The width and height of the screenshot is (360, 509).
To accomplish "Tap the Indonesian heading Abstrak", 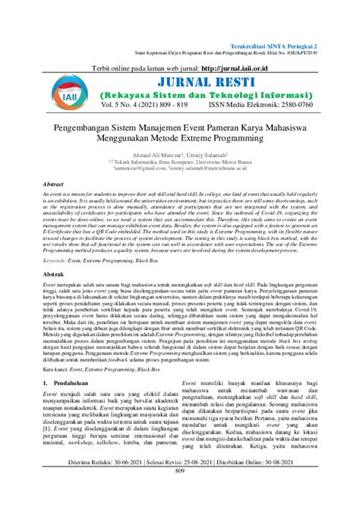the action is [x=52, y=271].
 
